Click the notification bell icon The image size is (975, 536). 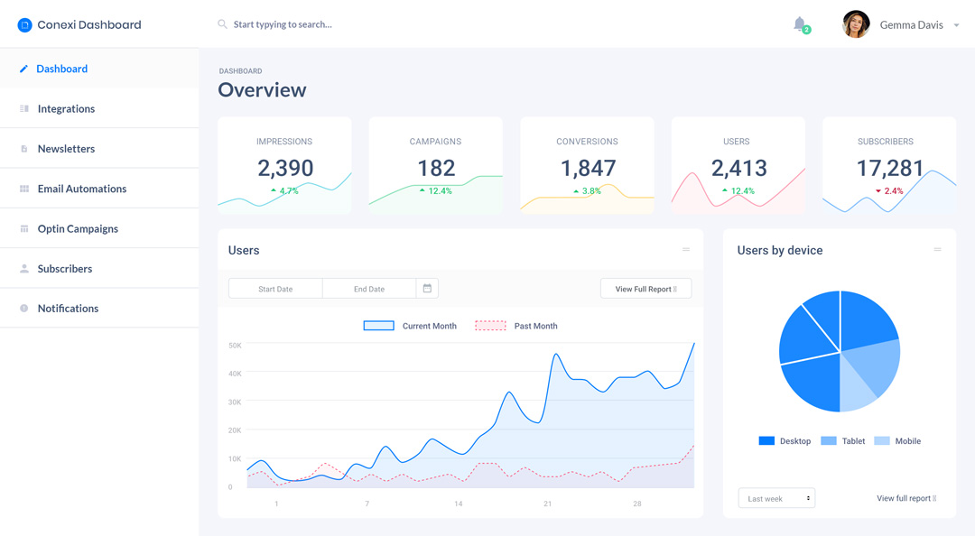pyautogui.click(x=800, y=24)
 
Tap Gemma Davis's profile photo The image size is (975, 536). pyautogui.click(x=856, y=24)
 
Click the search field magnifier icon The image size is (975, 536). pyautogui.click(x=222, y=24)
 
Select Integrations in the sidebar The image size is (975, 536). pyautogui.click(x=66, y=108)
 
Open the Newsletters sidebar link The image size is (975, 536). pyautogui.click(x=66, y=149)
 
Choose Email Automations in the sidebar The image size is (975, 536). pyautogui.click(x=81, y=189)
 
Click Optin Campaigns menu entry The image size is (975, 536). pyautogui.click(x=78, y=228)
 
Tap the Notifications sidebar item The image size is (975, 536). pyautogui.click(x=68, y=309)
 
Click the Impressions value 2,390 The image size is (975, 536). pyautogui.click(x=285, y=168)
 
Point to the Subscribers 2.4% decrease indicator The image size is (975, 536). pyautogui.click(x=889, y=191)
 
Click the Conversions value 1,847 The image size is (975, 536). pyautogui.click(x=588, y=168)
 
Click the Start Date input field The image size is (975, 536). pyautogui.click(x=275, y=289)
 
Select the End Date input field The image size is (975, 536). pyautogui.click(x=369, y=289)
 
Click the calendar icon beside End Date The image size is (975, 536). pyautogui.click(x=427, y=289)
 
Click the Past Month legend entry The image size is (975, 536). pyautogui.click(x=516, y=326)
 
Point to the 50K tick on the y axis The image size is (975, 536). pyautogui.click(x=235, y=346)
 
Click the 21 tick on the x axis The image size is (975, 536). pyautogui.click(x=547, y=504)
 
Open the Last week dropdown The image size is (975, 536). pyautogui.click(x=776, y=498)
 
